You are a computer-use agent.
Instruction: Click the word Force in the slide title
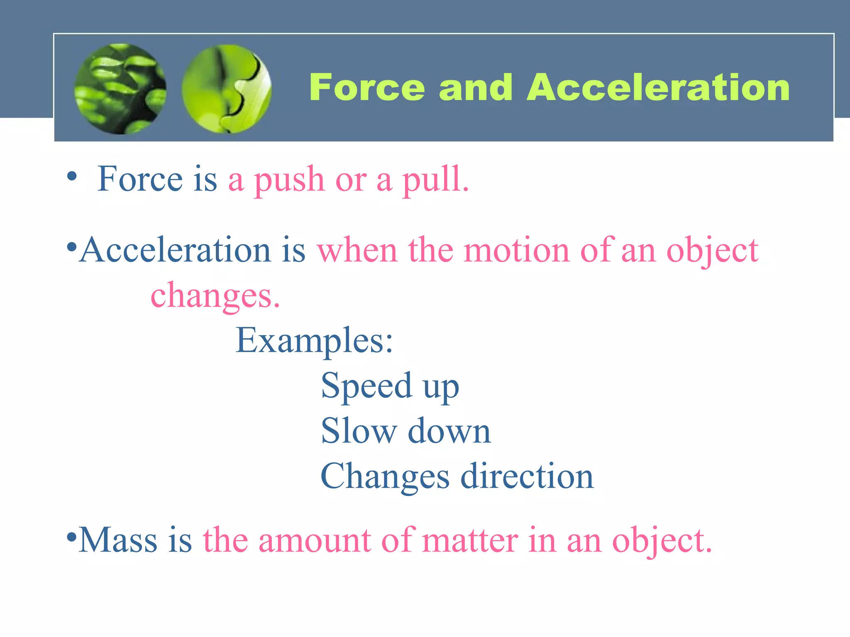[x=367, y=88]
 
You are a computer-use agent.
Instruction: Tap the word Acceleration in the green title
[x=658, y=88]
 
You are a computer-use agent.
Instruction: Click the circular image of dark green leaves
[x=120, y=89]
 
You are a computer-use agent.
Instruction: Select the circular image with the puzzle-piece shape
[x=227, y=89]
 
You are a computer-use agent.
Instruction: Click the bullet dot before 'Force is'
[x=72, y=176]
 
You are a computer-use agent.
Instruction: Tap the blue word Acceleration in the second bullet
[x=175, y=250]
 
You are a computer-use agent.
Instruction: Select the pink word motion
[x=516, y=250]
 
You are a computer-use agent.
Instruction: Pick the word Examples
[x=314, y=341]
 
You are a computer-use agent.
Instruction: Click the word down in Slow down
[x=449, y=431]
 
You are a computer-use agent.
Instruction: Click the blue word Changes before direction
[x=385, y=477]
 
